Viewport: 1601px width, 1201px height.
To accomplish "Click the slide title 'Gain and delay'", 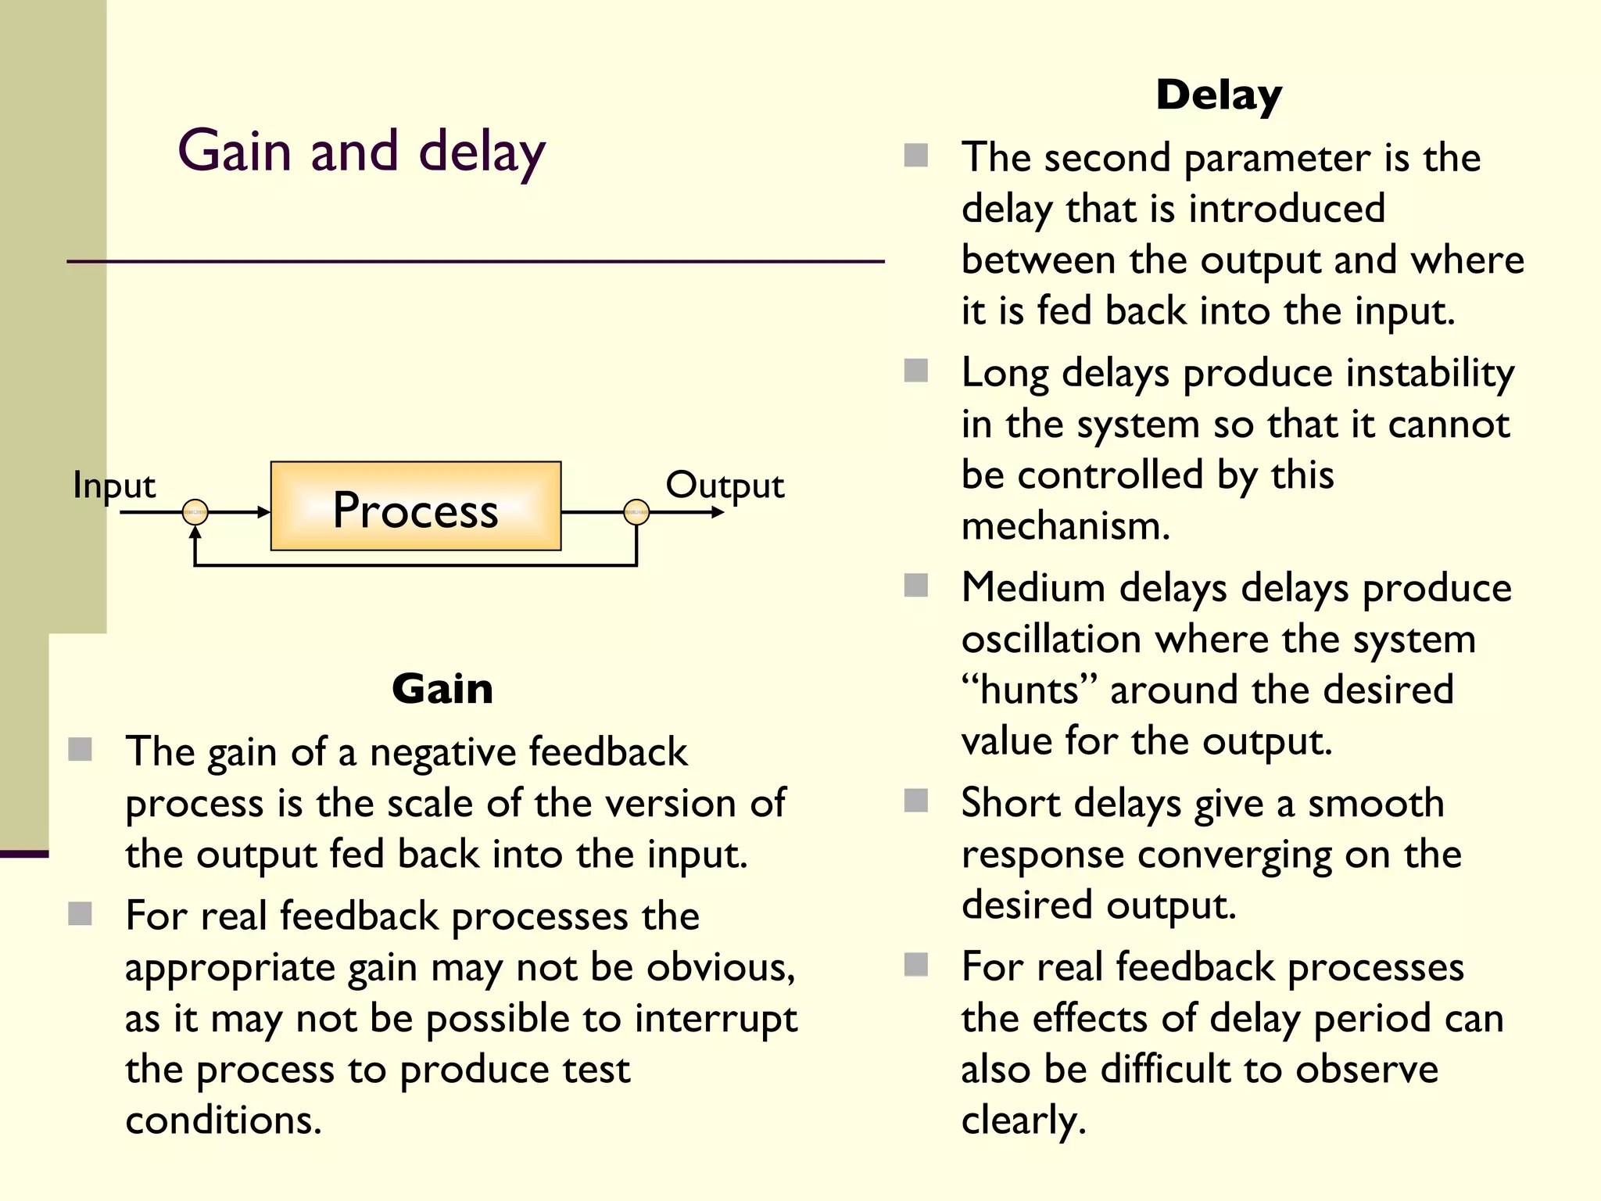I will point(361,151).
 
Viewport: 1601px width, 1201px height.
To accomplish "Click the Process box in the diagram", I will point(415,507).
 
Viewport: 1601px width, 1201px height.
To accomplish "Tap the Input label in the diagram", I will point(114,485).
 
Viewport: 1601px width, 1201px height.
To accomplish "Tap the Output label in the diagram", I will point(725,485).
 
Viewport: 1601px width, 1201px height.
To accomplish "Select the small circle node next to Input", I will point(195,512).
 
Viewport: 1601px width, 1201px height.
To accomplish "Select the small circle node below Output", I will point(636,512).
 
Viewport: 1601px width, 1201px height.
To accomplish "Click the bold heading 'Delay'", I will point(1219,95).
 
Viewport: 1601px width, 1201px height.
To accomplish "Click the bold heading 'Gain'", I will point(442,689).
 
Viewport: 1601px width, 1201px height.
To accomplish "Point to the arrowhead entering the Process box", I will point(263,512).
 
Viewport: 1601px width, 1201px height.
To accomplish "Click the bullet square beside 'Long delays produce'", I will point(915,371).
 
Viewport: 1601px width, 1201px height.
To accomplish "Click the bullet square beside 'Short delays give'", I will point(915,801).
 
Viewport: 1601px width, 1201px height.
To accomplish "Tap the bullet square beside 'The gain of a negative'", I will point(81,750).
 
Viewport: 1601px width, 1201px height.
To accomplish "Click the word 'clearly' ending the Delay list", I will point(1023,1120).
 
